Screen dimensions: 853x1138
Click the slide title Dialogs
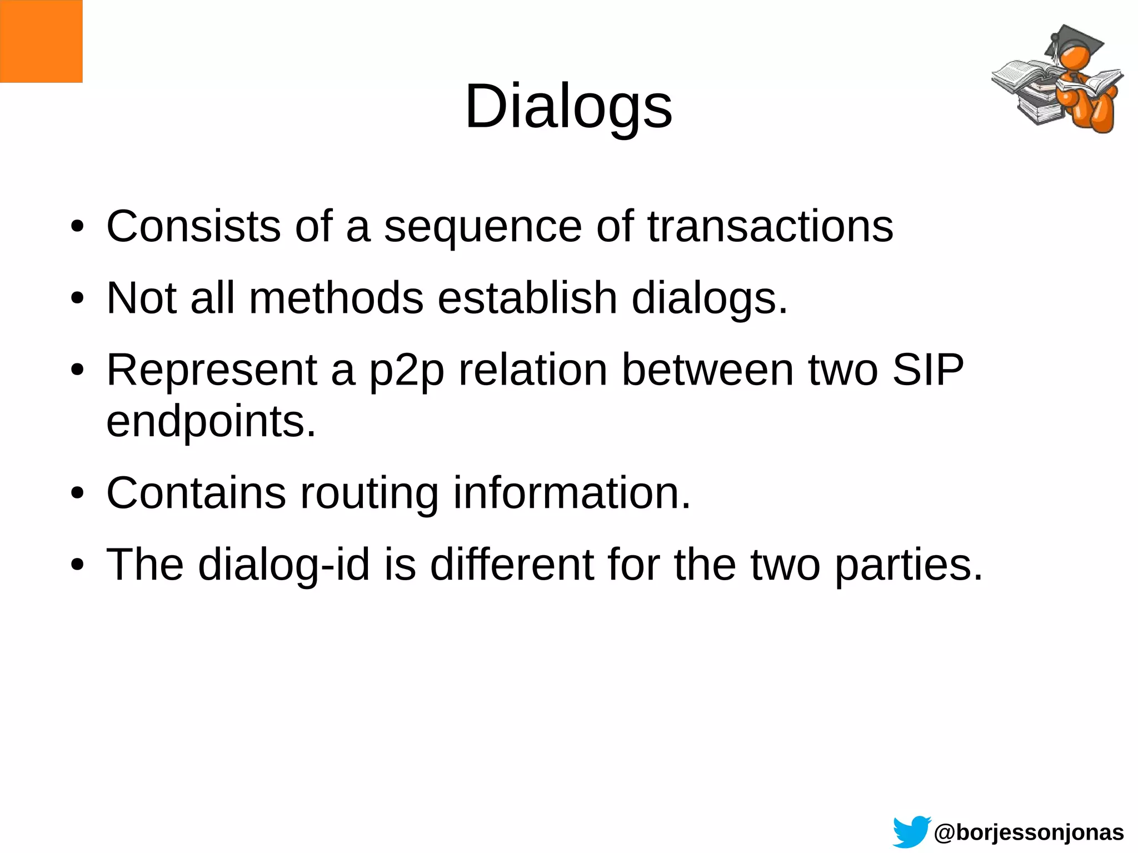568,107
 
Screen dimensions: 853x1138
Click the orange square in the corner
41,41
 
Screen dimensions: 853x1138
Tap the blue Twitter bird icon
911,831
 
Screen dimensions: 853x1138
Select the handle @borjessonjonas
1029,832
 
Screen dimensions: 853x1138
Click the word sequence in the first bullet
483,228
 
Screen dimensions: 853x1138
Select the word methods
336,298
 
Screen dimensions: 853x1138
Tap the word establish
527,298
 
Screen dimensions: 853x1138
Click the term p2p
407,371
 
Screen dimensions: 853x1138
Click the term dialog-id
283,565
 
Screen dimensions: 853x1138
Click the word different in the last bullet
512,564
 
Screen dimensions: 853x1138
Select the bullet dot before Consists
77,227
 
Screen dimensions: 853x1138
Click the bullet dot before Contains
77,493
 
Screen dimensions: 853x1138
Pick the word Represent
211,370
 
